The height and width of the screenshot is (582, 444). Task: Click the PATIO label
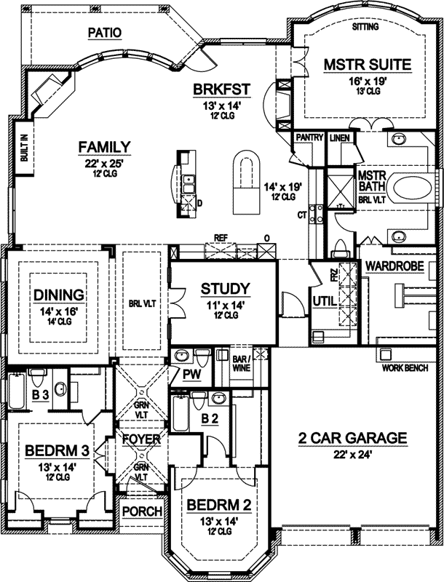click(104, 33)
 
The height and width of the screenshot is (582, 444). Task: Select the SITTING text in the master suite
click(366, 27)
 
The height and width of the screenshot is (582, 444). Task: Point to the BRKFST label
click(222, 89)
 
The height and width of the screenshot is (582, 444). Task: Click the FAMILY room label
click(105, 147)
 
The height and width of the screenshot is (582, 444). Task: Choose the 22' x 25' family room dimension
click(105, 163)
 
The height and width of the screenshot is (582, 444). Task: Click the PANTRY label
click(309, 137)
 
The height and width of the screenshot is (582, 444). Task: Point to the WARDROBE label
click(395, 266)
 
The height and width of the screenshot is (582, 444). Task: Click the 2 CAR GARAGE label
click(352, 438)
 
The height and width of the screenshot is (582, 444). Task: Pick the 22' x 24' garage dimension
click(352, 455)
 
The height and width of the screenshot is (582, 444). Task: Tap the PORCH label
click(142, 511)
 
